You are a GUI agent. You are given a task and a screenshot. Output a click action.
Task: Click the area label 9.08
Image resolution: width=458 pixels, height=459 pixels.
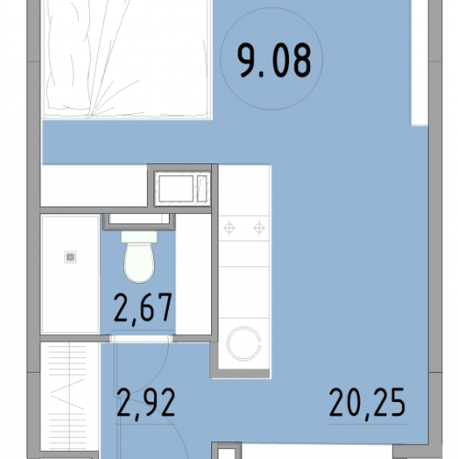tap(274, 61)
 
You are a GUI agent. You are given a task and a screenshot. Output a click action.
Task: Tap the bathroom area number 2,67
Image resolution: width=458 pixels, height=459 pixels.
tap(142, 308)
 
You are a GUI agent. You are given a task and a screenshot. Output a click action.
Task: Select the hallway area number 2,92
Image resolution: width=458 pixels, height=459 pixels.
tap(146, 402)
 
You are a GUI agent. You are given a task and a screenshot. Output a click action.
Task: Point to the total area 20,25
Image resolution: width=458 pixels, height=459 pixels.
tap(367, 402)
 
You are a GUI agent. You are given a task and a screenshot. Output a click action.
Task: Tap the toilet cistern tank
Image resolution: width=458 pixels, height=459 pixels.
tap(140, 237)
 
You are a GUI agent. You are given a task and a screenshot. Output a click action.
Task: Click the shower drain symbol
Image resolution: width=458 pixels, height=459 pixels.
tap(71, 257)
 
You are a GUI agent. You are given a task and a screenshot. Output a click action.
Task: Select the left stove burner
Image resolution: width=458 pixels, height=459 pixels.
tap(229, 228)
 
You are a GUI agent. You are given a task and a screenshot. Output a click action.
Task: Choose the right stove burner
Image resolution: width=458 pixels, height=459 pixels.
tap(259, 228)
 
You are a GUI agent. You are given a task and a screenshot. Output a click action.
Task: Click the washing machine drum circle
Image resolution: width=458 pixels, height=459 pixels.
tap(243, 343)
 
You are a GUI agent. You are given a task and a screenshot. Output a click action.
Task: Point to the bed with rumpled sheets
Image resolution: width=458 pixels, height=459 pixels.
tap(127, 58)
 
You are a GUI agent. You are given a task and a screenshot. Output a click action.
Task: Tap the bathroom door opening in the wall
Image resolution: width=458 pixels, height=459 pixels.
tap(141, 339)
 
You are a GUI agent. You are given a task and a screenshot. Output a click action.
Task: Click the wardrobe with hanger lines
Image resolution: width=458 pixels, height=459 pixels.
tap(70, 397)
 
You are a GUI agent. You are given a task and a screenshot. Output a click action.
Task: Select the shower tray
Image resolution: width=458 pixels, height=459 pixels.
tap(71, 274)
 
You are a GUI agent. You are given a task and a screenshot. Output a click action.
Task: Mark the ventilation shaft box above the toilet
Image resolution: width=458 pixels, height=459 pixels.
tap(140, 219)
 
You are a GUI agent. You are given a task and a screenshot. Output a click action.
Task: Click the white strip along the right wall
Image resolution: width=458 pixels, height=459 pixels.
tap(419, 62)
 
